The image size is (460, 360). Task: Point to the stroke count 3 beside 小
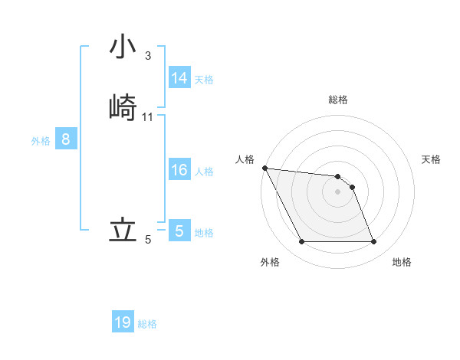pos(147,56)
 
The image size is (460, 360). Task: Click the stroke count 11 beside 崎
pos(148,117)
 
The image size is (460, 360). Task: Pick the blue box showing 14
pos(179,78)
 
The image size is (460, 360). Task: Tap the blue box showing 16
pos(179,170)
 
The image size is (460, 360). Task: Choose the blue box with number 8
pos(66,139)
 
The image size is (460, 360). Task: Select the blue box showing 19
pos(123,322)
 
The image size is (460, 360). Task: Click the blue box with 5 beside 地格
pos(179,231)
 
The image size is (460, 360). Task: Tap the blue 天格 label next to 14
pos(204,79)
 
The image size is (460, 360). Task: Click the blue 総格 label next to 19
pos(147,324)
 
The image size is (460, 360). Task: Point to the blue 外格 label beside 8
pos(41,141)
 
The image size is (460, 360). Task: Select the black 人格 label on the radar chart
pos(245,159)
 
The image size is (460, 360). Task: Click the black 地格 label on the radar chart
pos(402,262)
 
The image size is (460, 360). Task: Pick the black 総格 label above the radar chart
pos(338,100)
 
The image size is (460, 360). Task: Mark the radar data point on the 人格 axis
pos(264,168)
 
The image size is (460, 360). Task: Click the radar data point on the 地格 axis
pos(373,242)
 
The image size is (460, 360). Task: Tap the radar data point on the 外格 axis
pos(301,242)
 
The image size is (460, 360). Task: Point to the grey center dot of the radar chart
pos(337,191)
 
